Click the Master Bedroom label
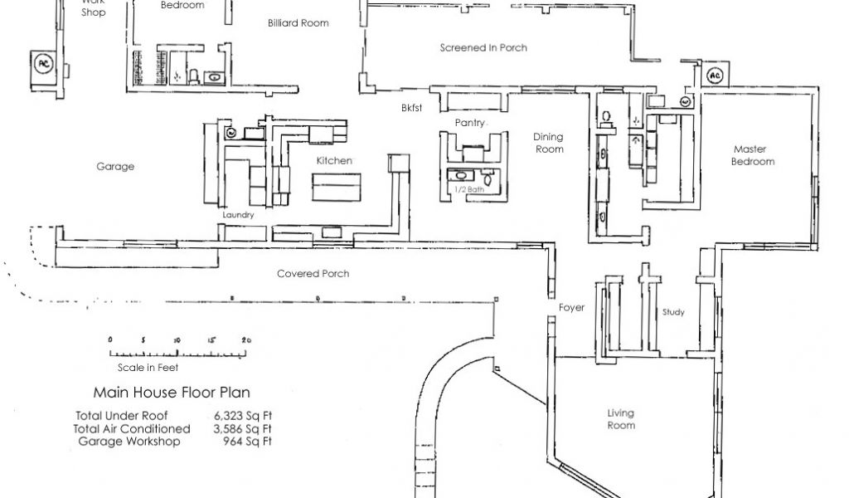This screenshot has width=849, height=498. pos(752,155)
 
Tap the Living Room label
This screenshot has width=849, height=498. pos(621,418)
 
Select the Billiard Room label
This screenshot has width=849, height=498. pos(298,23)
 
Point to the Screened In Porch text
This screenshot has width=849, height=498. pos(483,47)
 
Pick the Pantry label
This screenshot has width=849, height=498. pos(469,123)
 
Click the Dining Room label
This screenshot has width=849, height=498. pos(549,143)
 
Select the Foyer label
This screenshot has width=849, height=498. pos(571,308)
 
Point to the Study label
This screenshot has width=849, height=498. pos(673,313)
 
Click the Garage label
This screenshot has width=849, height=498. pos(114,167)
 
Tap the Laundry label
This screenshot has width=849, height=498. pos(238,215)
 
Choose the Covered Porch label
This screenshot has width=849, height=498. pos(313,274)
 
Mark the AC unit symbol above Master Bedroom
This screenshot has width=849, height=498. pos(714,76)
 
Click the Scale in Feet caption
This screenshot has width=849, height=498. pos(148,367)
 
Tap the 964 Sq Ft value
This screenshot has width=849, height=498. pos(245,441)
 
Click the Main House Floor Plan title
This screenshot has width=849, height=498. pos(172,392)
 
